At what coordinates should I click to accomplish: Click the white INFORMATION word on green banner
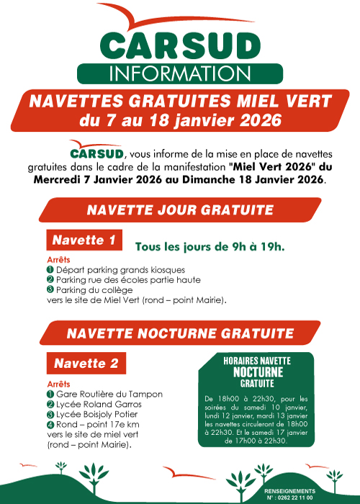coord(180,73)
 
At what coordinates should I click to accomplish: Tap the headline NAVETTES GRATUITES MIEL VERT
coord(180,102)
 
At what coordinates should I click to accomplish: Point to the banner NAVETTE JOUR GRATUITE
coord(180,210)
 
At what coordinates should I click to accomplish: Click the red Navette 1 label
coord(84,240)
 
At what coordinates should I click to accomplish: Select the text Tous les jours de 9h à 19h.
coord(210,247)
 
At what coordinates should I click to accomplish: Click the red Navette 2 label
coord(85,364)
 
